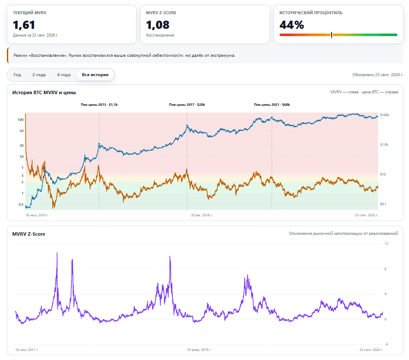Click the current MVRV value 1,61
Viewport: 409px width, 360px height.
(24, 25)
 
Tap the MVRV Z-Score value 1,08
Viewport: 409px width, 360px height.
(158, 25)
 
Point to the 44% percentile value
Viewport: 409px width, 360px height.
(292, 25)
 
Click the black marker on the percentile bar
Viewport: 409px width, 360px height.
(332, 35)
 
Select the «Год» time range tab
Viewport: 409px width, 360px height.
(17, 75)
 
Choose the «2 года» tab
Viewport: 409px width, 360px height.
(39, 75)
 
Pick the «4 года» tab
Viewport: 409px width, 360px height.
(64, 75)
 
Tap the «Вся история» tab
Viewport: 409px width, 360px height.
(95, 75)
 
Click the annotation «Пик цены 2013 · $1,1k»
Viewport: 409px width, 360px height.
(99, 105)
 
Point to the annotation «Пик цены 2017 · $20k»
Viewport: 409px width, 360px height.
(187, 105)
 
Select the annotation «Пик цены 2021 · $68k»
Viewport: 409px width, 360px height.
(272, 105)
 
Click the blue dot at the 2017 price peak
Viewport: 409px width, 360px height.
(187, 126)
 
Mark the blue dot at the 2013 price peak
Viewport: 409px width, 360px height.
(99, 144)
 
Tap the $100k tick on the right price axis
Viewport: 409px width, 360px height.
(384, 115)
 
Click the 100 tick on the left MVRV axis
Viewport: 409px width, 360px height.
(21, 120)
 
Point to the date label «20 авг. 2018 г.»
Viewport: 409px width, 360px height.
(202, 215)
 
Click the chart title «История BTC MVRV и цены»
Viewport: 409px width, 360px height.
(44, 92)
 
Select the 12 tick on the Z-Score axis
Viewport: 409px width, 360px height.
(386, 243)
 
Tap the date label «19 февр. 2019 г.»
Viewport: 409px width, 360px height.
(199, 350)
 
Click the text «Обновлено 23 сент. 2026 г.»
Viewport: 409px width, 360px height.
(378, 75)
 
